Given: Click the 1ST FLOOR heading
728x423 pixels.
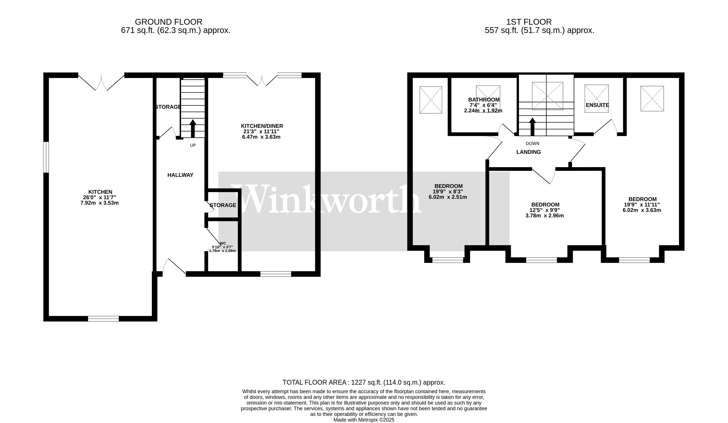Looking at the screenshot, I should (529, 22).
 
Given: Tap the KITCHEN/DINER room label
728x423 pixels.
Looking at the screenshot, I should (262, 126).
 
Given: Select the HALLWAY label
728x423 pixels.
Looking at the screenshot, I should (180, 175).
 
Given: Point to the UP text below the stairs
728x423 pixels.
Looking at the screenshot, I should (193, 145).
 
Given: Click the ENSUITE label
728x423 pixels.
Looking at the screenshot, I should (597, 105).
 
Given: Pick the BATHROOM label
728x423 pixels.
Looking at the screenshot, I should (484, 100).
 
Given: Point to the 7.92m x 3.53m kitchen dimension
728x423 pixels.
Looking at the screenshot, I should (99, 203).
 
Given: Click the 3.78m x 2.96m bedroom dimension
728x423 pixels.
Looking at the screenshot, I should (544, 215).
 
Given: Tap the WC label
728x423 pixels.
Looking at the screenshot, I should (223, 243).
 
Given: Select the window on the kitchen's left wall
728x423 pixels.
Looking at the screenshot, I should (46, 157).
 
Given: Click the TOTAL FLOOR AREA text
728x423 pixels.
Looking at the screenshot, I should (364, 382).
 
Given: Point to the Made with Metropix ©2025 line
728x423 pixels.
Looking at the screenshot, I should (364, 420).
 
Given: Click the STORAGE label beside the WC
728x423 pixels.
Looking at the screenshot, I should (223, 205).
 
